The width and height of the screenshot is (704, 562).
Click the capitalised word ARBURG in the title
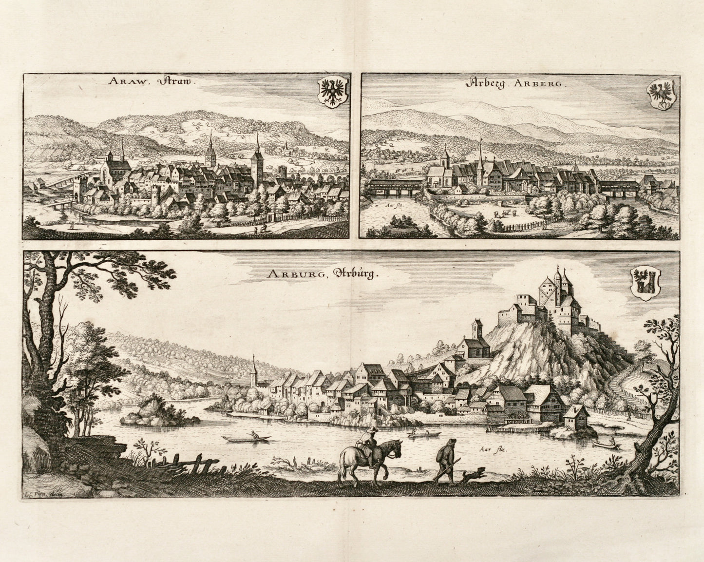(x=289, y=274)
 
